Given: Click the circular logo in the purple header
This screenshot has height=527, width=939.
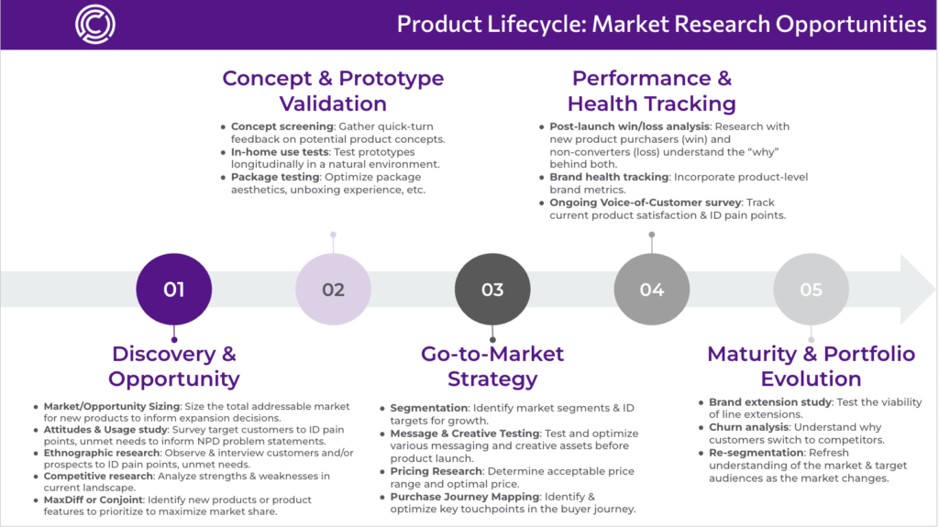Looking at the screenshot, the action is point(95,25).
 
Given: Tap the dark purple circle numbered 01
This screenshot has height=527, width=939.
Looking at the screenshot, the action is point(173,290).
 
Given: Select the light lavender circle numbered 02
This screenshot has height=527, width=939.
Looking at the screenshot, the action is point(333,290).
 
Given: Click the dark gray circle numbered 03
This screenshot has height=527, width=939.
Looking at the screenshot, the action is point(492,290).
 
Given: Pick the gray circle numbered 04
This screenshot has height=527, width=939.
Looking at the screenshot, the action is point(652,290).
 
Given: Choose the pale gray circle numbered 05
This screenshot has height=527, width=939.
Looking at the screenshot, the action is point(811,290).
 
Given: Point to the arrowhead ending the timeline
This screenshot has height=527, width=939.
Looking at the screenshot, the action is point(917,290).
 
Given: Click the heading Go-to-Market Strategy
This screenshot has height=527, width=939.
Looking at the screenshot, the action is point(492,366).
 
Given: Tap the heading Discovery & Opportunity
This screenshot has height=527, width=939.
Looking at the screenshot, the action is point(173,366).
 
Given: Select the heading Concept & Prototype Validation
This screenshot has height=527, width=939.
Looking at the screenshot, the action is point(333,91).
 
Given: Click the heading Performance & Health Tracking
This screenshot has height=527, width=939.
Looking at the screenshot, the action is point(652,91).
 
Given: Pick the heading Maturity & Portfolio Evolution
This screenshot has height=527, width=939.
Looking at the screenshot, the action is point(811,366).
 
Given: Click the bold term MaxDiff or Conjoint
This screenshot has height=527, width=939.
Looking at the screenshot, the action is point(93,500).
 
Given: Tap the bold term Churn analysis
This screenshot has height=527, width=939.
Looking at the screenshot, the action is point(748,427).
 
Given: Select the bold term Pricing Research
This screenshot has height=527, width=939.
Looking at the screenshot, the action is point(436,471).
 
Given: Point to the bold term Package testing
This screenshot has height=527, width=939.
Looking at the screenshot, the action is point(275,177).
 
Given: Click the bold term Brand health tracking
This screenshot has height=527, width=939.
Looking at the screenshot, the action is point(609,177).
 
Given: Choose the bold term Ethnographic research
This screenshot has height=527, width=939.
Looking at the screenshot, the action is point(101,453).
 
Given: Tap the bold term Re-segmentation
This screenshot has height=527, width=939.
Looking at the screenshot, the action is point(757,453).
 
